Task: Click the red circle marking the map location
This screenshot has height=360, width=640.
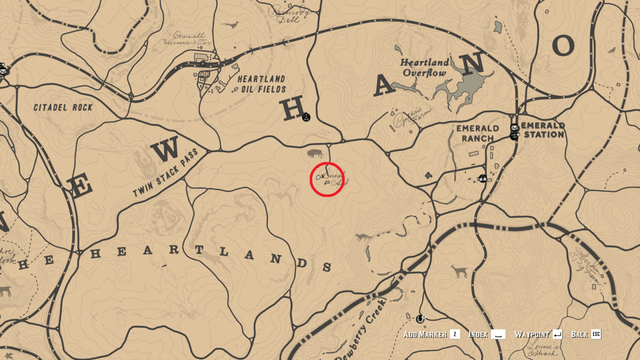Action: tap(327, 179)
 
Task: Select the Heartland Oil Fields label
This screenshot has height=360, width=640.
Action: tap(262, 84)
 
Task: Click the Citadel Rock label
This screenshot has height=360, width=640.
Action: tap(63, 108)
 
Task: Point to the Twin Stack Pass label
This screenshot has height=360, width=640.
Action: tap(165, 172)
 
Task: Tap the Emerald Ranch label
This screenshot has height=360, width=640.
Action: tap(478, 133)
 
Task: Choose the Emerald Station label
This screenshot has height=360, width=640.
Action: tap(543, 130)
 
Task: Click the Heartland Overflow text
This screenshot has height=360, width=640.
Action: tap(424, 68)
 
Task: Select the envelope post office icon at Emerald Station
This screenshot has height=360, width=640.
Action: tap(514, 128)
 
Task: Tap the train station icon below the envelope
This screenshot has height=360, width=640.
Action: tap(514, 136)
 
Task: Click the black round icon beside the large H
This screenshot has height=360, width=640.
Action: tap(306, 117)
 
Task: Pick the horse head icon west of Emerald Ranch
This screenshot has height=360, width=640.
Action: tap(428, 175)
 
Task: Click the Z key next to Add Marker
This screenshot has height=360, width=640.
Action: tap(455, 334)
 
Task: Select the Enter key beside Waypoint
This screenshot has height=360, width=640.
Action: tap(558, 334)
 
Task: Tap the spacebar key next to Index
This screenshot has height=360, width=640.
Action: tap(498, 334)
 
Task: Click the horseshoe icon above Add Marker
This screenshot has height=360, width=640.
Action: tap(420, 319)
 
